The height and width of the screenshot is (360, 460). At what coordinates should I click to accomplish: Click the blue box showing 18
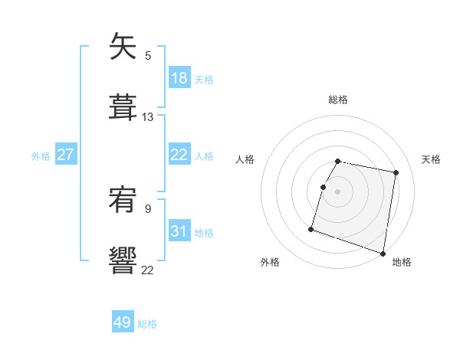[179, 78]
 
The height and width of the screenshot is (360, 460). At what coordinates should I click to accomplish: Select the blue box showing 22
[179, 155]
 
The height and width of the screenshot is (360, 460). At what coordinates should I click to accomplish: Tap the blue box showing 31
[179, 231]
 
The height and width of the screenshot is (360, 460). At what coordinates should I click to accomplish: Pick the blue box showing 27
[66, 155]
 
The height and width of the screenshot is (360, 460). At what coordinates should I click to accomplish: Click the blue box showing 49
[123, 322]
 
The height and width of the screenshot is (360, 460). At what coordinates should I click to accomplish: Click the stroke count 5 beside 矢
[148, 55]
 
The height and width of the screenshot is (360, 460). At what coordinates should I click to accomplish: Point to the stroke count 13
[148, 117]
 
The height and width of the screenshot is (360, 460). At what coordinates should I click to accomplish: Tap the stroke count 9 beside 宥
[148, 208]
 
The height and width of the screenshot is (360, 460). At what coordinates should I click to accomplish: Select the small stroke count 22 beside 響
[148, 269]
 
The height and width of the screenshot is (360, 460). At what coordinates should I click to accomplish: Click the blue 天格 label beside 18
[204, 79]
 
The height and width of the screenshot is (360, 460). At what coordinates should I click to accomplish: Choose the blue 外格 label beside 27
[41, 155]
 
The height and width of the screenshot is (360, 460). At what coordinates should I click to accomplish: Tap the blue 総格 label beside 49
[147, 323]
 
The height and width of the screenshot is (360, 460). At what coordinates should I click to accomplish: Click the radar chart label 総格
[338, 100]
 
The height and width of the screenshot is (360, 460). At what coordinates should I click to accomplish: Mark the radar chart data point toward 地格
[383, 253]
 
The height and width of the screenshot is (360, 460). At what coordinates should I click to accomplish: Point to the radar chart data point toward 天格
[396, 174]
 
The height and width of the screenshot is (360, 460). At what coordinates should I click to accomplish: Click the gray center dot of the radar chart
[338, 191]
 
